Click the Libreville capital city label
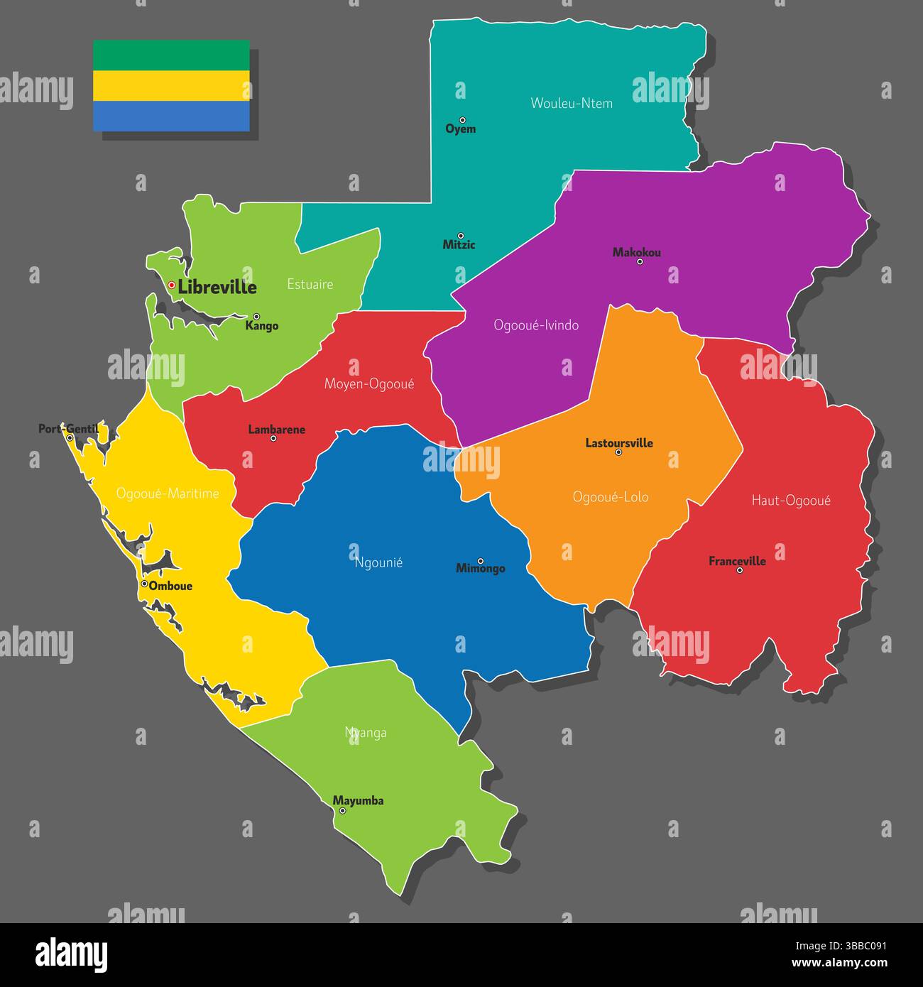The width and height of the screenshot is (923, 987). tap(217, 287)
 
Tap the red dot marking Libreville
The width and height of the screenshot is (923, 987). tap(172, 285)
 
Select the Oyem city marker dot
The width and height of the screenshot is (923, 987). tap(462, 120)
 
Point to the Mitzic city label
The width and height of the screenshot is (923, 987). tap(459, 245)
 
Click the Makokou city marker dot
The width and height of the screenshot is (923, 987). tap(640, 261)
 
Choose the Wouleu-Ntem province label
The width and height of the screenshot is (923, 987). tap(572, 103)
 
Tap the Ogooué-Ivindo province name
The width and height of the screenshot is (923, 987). tap(536, 325)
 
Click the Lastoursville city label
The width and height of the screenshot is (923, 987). tap(619, 443)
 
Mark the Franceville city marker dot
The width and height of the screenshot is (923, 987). tap(740, 570)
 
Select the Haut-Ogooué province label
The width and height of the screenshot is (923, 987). tap(791, 501)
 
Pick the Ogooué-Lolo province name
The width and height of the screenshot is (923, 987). tap(611, 497)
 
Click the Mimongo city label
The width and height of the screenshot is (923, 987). tap(481, 569)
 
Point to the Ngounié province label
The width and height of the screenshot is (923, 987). tap(378, 562)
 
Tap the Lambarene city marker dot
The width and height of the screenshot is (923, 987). tap(273, 438)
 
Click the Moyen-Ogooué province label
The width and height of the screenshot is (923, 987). tap(369, 384)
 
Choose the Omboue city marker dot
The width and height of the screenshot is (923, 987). tap(144, 584)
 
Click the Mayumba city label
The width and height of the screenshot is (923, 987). tap(359, 801)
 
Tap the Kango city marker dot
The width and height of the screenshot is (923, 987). tap(256, 317)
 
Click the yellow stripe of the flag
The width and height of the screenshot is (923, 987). tap(171, 85)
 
